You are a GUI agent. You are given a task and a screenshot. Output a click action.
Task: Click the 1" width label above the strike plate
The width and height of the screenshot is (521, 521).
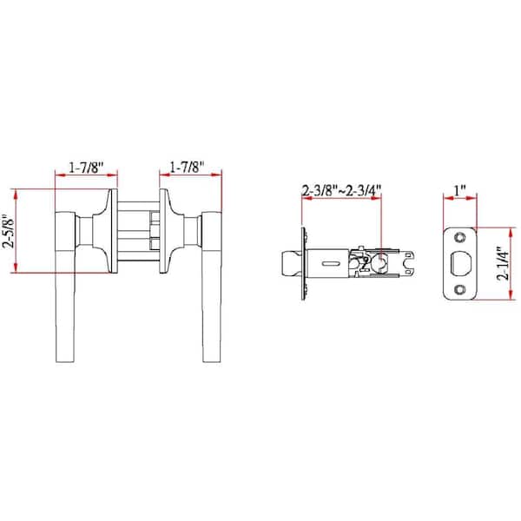pos(460,189)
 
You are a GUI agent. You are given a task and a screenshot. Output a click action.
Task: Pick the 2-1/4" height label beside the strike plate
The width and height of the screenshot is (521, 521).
pos(501,264)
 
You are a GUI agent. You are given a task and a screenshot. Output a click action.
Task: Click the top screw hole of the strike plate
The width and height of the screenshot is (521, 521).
pos(460,235)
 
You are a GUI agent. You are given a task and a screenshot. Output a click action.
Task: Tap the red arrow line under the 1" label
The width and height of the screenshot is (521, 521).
pos(460,199)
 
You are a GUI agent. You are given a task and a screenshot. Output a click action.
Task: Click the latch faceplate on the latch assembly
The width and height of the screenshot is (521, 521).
pos(303,261)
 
